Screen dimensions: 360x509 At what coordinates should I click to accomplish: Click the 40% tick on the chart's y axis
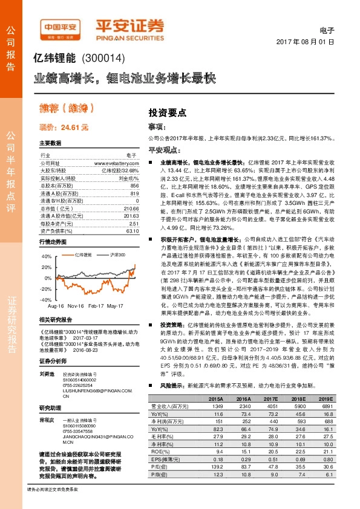(x=45, y=256)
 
